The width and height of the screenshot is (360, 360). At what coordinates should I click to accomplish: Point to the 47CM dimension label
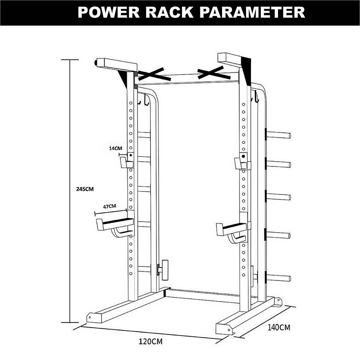click(110, 206)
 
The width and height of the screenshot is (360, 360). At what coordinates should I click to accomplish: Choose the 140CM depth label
click(279, 328)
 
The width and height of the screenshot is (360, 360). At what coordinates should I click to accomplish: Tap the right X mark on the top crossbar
click(216, 73)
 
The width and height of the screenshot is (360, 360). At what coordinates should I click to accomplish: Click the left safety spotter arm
click(114, 224)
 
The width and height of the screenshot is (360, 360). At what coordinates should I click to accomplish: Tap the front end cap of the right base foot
click(224, 329)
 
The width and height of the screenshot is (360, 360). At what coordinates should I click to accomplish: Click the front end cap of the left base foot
click(93, 318)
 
